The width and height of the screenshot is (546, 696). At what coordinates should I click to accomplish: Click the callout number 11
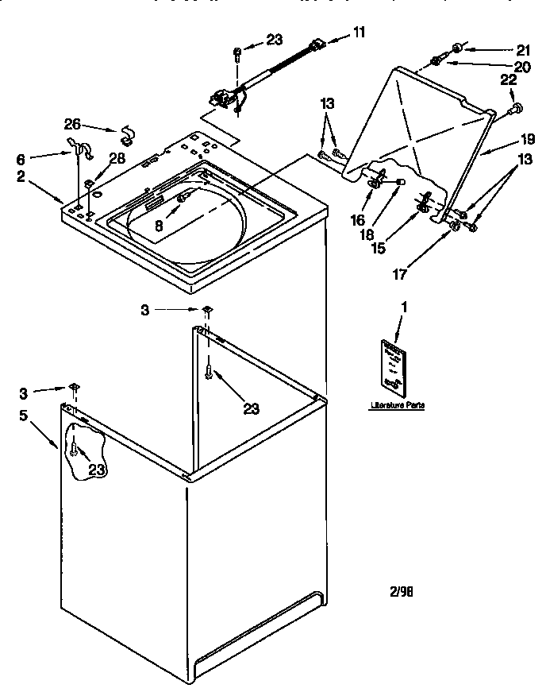[360, 33]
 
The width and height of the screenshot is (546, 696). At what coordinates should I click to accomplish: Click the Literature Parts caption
[397, 405]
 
